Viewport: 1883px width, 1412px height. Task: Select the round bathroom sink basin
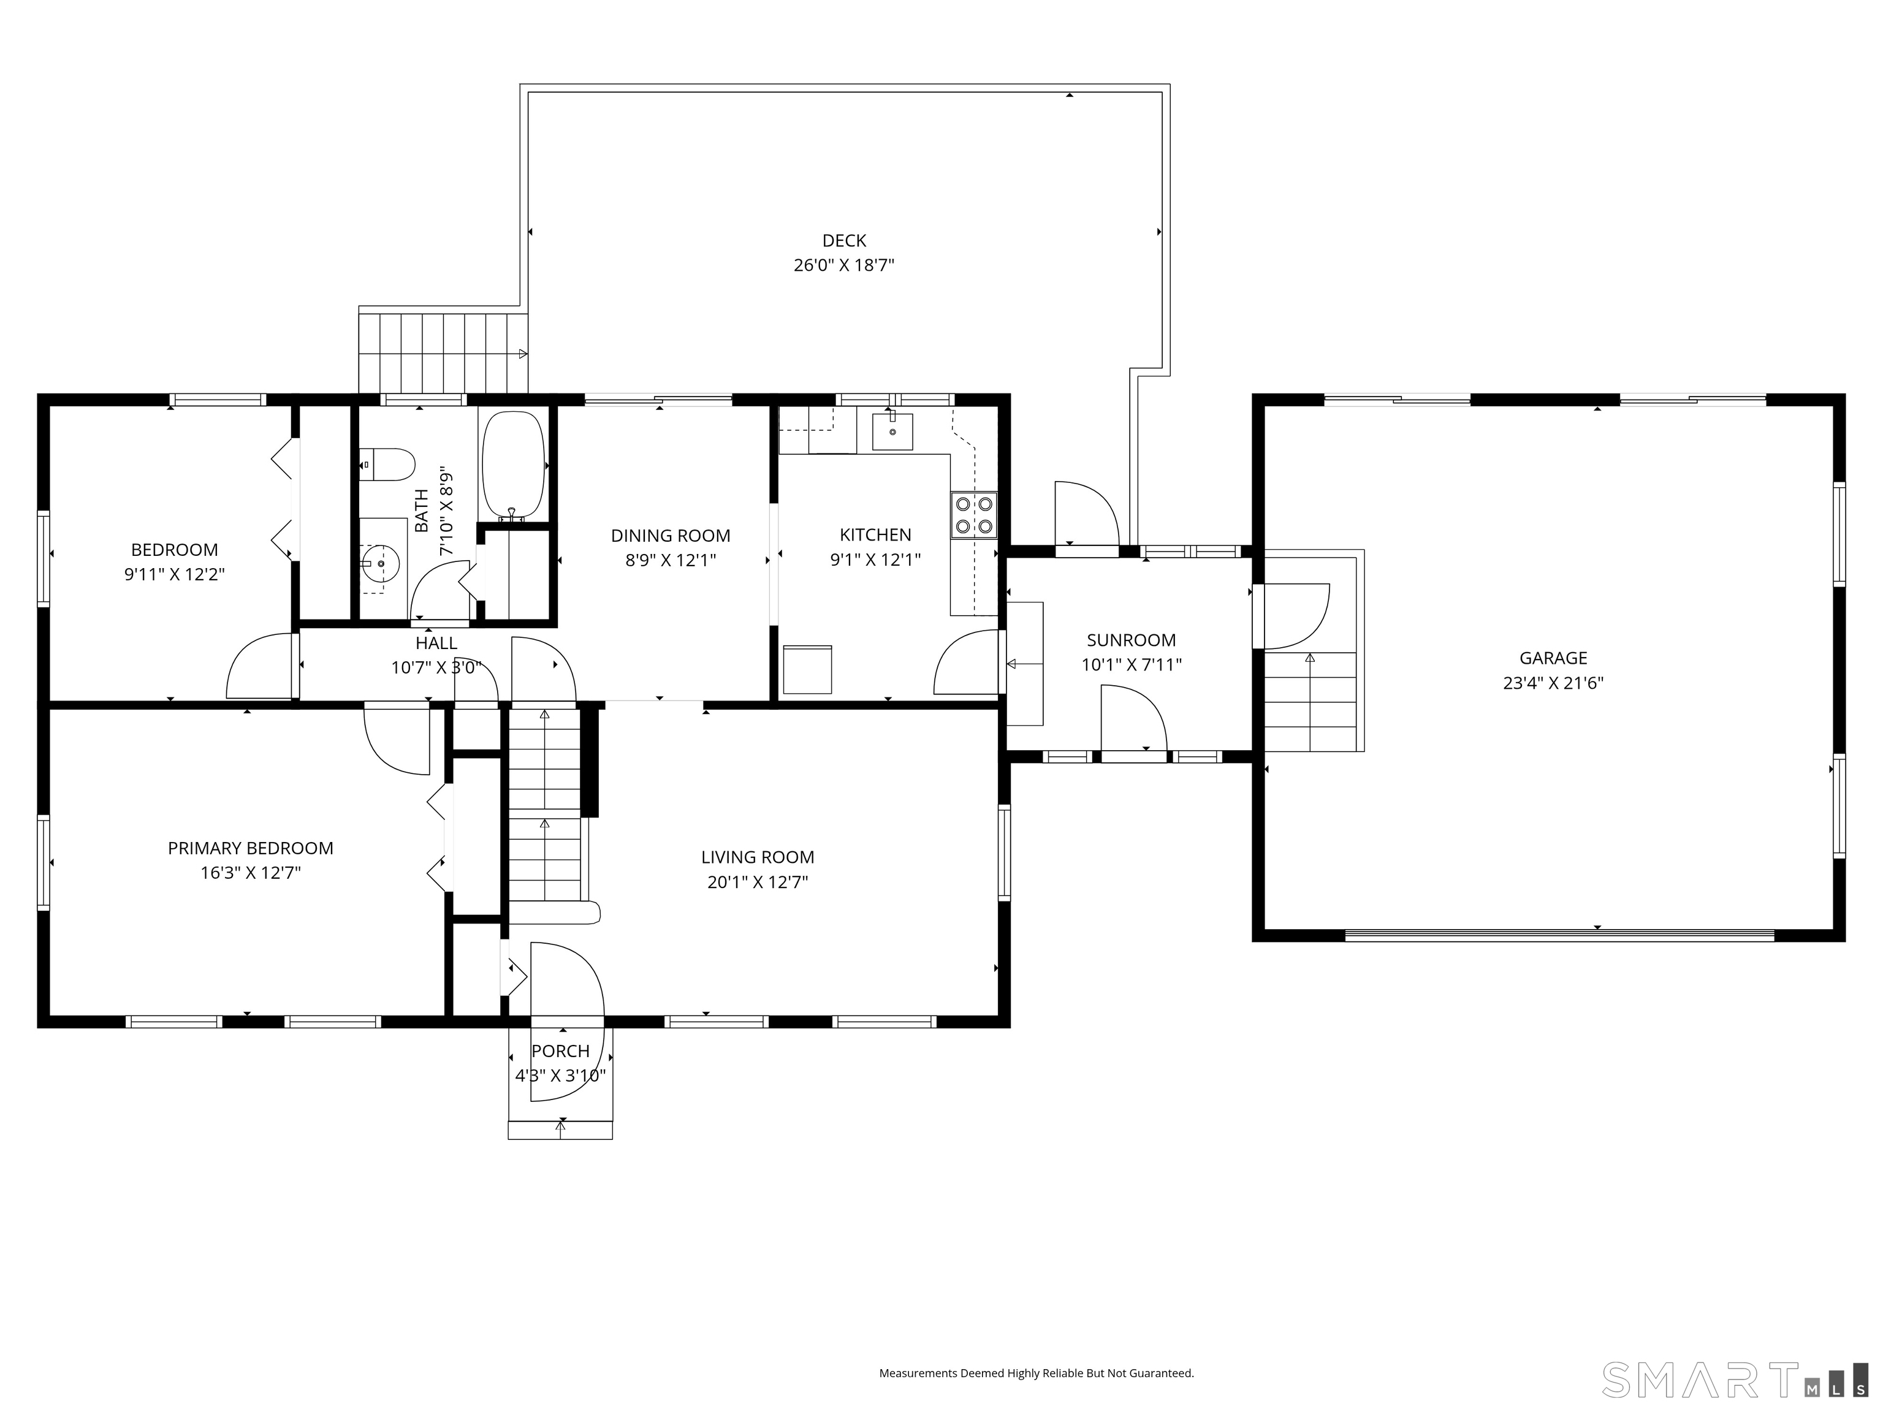pos(379,563)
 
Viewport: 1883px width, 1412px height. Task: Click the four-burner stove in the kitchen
pos(973,515)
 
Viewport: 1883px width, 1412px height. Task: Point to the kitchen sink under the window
pos(892,431)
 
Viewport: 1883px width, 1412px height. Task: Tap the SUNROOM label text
pos(1132,640)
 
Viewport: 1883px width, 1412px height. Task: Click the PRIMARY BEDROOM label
pos(250,848)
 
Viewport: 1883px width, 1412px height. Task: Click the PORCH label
pos(560,1051)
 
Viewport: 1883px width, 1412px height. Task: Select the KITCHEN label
pos(875,534)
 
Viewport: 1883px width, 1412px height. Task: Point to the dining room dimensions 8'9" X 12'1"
pos(671,560)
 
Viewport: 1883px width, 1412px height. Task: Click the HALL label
pos(436,643)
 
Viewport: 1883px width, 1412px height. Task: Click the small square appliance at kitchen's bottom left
pos(807,670)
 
